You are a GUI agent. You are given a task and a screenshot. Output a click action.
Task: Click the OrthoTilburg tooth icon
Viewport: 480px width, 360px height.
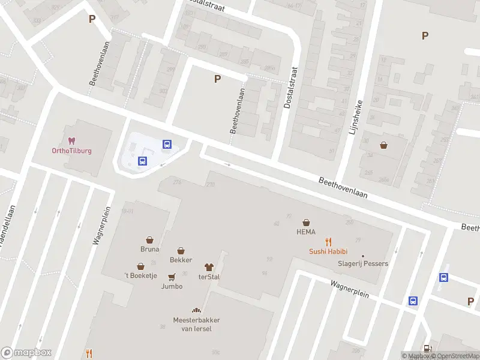click(71, 141)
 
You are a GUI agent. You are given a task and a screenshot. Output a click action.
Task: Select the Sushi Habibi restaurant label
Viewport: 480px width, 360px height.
click(328, 251)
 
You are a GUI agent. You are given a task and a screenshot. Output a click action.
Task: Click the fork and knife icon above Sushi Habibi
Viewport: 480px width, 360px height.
click(328, 242)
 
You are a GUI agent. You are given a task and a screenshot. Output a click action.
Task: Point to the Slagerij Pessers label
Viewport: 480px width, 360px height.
click(362, 263)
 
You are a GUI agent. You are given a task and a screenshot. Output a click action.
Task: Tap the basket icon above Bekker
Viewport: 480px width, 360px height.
click(181, 251)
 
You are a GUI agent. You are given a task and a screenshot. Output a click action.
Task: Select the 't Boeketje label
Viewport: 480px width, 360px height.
click(140, 274)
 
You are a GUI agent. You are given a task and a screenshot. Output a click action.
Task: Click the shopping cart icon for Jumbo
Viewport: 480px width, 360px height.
click(172, 277)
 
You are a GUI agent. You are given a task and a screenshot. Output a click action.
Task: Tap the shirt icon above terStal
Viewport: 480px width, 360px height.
click(209, 267)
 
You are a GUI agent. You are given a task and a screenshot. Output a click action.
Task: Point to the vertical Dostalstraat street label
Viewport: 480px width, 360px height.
click(290, 88)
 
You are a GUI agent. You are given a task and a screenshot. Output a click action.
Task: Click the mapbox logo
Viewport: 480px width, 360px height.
click(26, 352)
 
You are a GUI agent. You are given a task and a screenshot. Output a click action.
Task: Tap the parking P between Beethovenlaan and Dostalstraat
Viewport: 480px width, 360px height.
click(217, 79)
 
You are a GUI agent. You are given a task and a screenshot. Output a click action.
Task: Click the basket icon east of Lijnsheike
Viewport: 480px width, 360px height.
click(383, 145)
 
